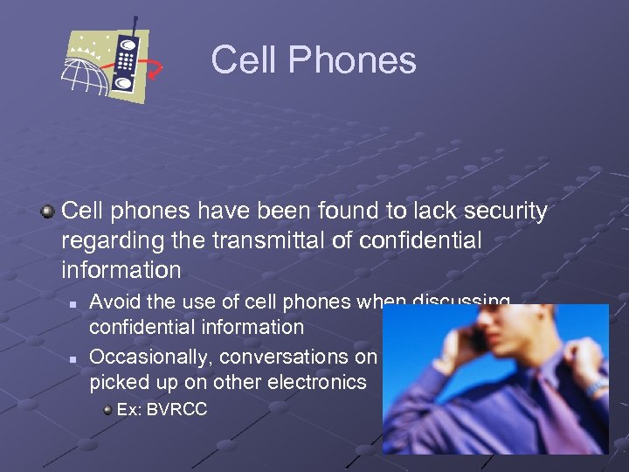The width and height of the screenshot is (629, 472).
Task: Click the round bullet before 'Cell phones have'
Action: (x=50, y=212)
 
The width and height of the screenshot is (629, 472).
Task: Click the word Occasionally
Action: (x=151, y=357)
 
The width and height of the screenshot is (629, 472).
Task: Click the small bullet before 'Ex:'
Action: (x=107, y=409)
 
